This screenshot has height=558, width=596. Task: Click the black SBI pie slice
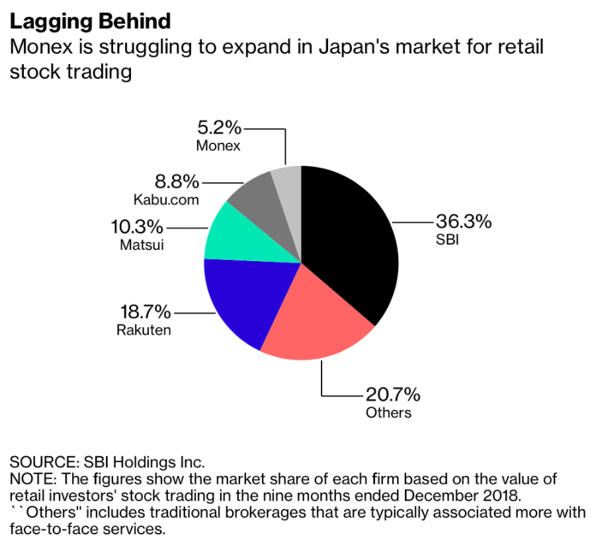click(351, 240)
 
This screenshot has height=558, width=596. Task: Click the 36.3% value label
click(463, 222)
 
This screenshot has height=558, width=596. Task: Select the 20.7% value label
click(391, 395)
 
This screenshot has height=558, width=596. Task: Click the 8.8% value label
click(176, 181)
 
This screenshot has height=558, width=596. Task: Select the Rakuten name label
click(143, 329)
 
